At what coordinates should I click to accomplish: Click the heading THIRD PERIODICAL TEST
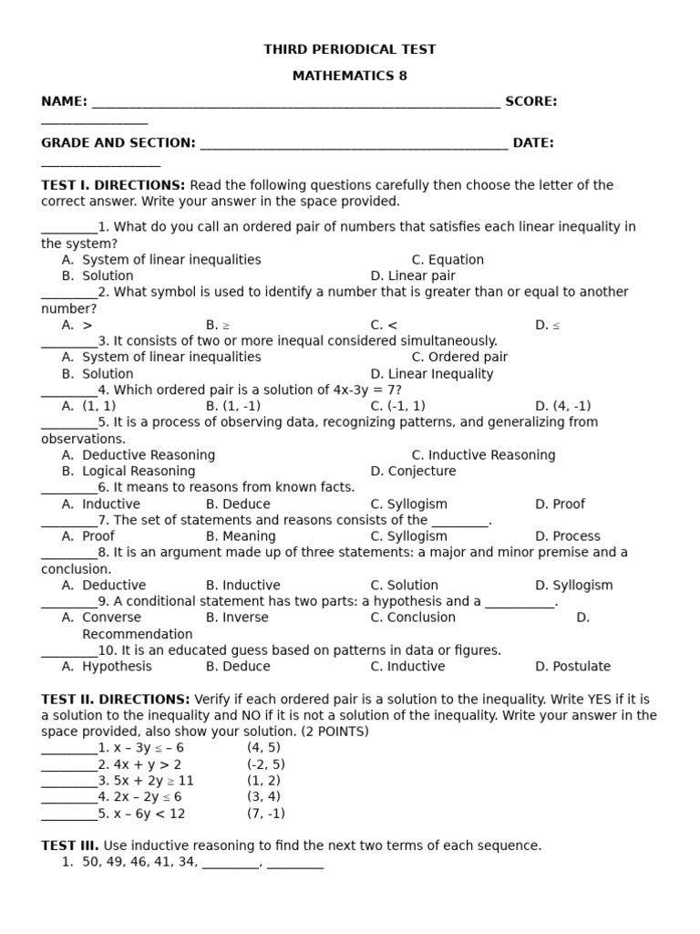point(350,49)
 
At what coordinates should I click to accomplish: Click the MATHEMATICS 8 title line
point(350,76)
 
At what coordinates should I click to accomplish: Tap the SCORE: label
point(531,101)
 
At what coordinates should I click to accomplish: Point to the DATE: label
point(533,142)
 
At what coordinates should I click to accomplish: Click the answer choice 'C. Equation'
point(448,260)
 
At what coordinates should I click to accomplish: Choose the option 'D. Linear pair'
point(413,275)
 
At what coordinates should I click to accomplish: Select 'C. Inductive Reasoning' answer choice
point(483,455)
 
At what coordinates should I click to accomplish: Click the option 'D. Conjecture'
point(413,472)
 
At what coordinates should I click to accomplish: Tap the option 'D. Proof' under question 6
point(560,504)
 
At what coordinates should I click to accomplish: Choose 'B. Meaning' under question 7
point(241,536)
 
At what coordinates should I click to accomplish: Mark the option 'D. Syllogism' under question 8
point(573,586)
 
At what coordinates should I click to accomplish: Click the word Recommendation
point(138,634)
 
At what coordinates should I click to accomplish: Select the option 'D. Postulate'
point(572,667)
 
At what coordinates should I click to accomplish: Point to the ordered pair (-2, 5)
point(265,764)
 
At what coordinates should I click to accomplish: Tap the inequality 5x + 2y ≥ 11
point(153,781)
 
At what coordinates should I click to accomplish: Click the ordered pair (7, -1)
point(265,814)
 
